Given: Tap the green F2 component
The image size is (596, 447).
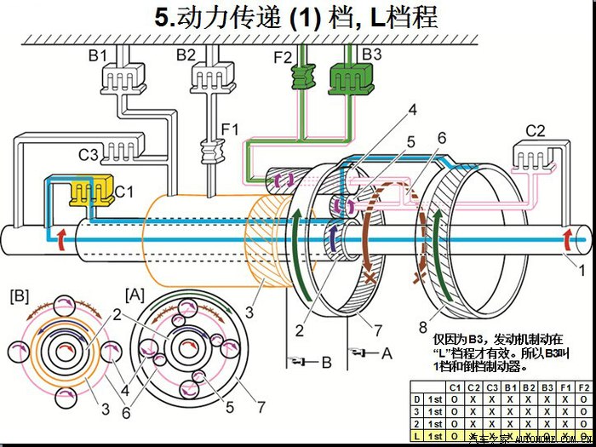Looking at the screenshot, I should coord(303,78).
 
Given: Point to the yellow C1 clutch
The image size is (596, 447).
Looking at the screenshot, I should coord(88,192).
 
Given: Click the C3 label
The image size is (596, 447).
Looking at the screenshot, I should coord(89,156).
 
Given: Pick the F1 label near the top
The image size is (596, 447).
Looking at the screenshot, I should coord(229,129).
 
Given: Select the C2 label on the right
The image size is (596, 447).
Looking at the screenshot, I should coord(535,131).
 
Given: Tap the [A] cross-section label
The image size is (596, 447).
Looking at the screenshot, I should coord(135,294).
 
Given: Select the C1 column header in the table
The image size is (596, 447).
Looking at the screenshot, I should coord(454,387).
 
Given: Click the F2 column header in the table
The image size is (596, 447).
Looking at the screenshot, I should coord(584,387).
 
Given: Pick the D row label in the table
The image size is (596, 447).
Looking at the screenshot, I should coord(416,398).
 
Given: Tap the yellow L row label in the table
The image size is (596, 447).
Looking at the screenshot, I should coord(416,435).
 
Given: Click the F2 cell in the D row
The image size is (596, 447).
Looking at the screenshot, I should coord(584,398).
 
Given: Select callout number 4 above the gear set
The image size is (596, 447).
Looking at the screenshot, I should coord(412,109).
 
